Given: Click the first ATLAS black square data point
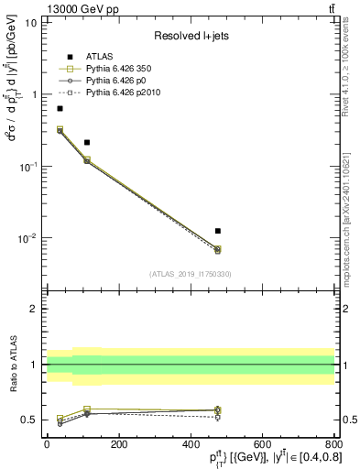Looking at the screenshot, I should [60, 108].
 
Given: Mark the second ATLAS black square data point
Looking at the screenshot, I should [87, 142].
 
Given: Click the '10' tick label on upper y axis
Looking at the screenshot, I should [31, 22].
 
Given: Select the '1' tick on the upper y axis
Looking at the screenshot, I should [34, 94].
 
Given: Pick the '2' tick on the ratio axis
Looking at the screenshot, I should [34, 309].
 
